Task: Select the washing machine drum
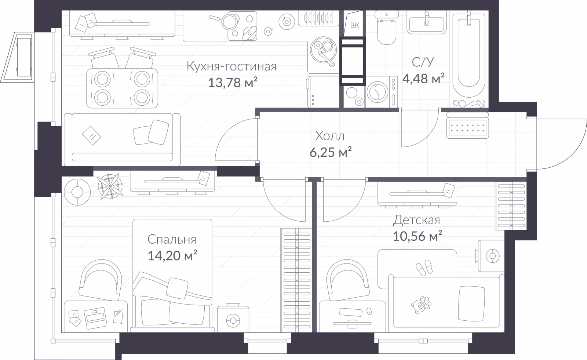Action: coord(378,92)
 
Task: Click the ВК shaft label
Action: coord(354,25)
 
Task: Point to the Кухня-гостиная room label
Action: coord(231,66)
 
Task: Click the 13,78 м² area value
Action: coord(233,82)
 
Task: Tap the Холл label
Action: coord(330,136)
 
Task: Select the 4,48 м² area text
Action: coord(423,78)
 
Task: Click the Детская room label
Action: coord(416,220)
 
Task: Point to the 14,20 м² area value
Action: coord(172,255)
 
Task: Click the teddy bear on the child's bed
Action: coord(421,305)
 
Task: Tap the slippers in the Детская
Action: coord(424,268)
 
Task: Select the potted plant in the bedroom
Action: coord(110,186)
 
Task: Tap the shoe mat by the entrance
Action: coord(468,128)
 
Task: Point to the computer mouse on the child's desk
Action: coord(369,311)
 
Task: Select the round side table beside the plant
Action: coord(77,192)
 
